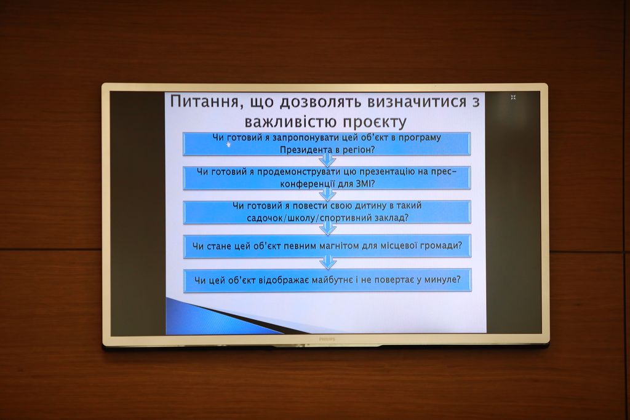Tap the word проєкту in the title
point(375,122)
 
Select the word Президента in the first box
point(304,150)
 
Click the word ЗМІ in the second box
point(364,184)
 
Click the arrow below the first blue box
point(327,160)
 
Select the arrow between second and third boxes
point(328,194)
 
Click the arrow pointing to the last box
point(328,263)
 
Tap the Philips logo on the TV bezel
point(327,339)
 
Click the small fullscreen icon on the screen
point(513,97)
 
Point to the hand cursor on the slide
point(229,145)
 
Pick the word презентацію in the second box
point(385,172)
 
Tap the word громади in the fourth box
point(443,245)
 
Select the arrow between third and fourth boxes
point(328,229)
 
